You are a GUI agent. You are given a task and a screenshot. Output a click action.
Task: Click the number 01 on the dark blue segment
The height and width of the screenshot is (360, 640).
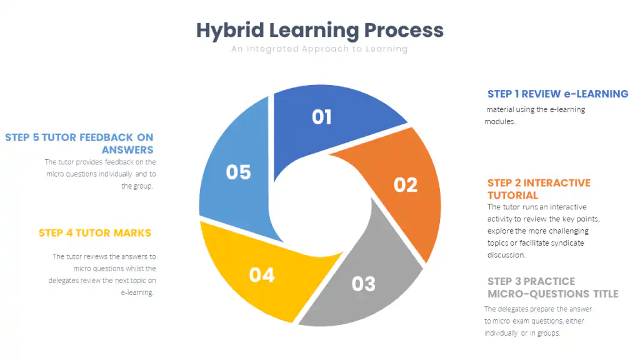(x=321, y=117)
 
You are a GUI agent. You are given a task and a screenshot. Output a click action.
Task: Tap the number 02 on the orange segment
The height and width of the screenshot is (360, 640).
(x=405, y=184)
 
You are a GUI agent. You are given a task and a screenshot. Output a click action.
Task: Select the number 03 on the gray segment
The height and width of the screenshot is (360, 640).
(x=363, y=284)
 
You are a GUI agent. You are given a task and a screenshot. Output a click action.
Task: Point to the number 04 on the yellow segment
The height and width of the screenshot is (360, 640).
(x=262, y=274)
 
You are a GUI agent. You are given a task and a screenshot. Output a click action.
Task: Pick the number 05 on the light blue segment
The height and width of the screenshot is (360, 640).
(x=238, y=172)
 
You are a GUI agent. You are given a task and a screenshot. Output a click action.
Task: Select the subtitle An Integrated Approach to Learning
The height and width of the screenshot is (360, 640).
(x=319, y=49)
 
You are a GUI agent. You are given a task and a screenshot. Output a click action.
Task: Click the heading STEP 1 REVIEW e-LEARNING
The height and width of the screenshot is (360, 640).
(x=557, y=94)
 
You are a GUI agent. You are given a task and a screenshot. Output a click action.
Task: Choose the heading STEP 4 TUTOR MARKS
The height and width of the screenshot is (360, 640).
(x=95, y=232)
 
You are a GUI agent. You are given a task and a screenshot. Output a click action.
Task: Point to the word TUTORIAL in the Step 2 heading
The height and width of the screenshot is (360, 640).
(x=512, y=195)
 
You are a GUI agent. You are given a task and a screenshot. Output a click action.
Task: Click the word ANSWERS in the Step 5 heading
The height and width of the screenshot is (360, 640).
(x=127, y=149)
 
